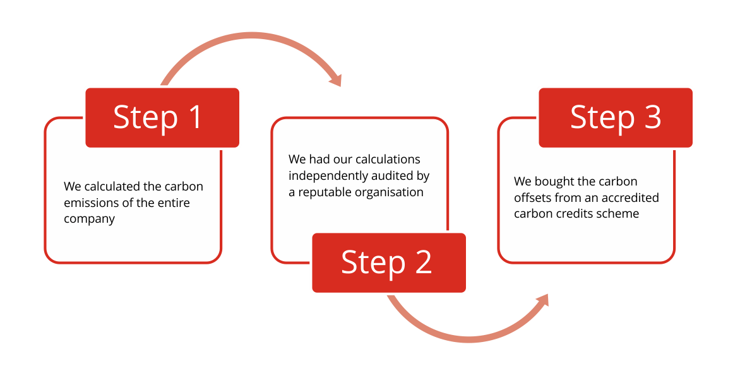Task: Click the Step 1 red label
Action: tap(163, 118)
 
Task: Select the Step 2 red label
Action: tap(389, 262)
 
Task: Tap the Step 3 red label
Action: tap(616, 118)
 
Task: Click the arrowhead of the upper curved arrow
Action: tap(335, 79)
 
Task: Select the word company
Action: tap(89, 220)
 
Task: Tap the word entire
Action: tap(173, 203)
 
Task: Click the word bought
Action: tap(557, 182)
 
